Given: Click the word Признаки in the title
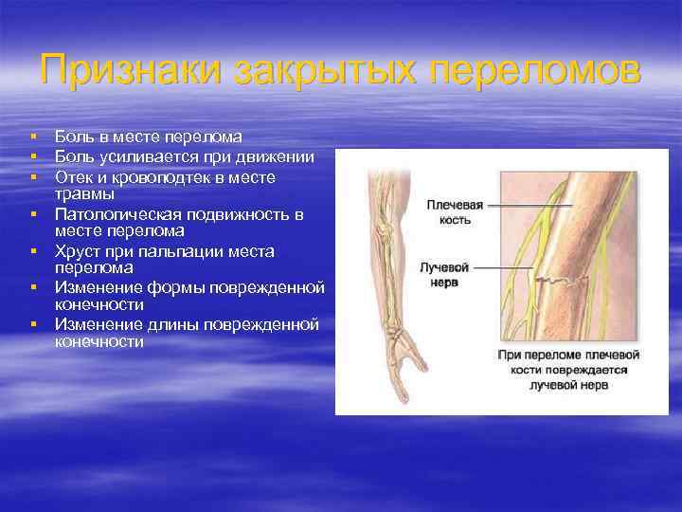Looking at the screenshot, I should [x=128, y=71].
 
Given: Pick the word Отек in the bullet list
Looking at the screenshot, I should [x=74, y=176].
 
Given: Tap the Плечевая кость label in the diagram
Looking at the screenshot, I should [x=455, y=211].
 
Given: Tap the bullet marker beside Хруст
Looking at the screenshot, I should [x=33, y=251].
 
